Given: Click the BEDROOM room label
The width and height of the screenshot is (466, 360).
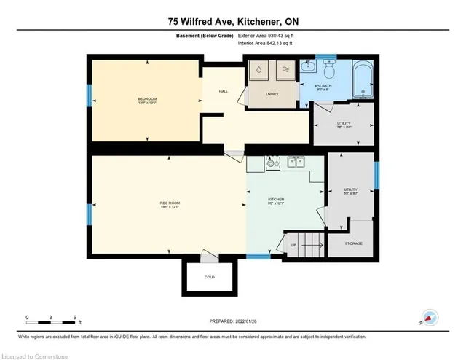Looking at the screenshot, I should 148,101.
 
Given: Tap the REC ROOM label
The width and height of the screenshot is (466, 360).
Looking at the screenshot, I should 170,204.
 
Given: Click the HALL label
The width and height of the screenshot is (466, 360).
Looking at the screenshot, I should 224,92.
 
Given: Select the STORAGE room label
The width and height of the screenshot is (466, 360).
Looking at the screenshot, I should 352,243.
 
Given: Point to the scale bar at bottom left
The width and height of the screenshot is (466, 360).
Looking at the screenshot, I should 52,318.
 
